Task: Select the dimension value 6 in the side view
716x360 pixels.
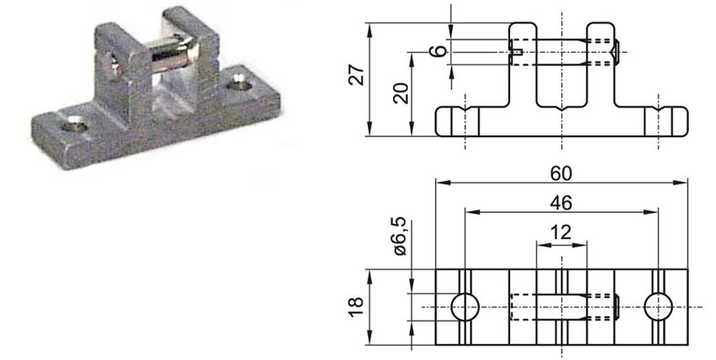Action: (437, 52)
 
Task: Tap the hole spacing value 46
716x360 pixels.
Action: (561, 203)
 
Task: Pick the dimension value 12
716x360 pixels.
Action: (561, 232)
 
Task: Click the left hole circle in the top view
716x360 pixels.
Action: (465, 307)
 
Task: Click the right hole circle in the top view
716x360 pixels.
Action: (659, 307)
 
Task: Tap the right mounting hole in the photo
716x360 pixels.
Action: (239, 85)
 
